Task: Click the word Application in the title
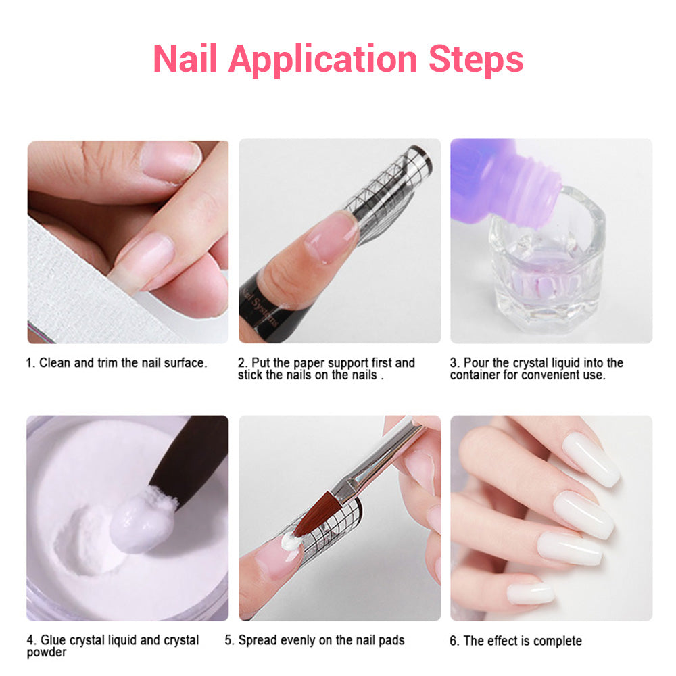click(x=323, y=60)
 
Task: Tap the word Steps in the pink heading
click(x=476, y=60)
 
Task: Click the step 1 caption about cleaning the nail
click(x=116, y=363)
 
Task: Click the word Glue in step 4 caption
click(x=53, y=639)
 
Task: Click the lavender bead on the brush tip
click(x=142, y=522)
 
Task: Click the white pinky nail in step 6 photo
click(x=530, y=594)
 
